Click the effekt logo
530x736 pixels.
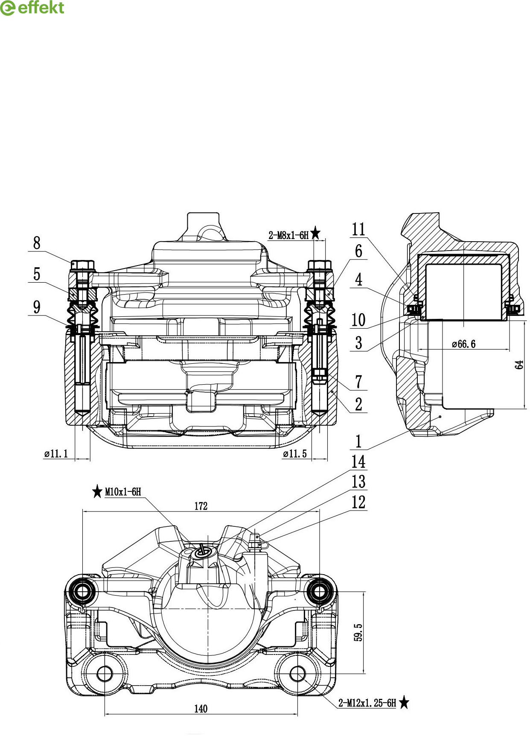click(x=32, y=8)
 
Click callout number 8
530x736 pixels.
click(x=37, y=243)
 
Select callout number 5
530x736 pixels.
click(x=37, y=274)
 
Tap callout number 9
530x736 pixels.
click(x=37, y=307)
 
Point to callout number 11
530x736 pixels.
click(x=358, y=229)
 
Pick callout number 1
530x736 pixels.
click(x=358, y=441)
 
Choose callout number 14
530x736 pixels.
click(x=358, y=461)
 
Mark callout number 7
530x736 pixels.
click(x=358, y=381)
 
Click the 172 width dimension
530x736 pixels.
click(x=201, y=506)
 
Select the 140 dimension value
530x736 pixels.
click(x=201, y=709)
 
